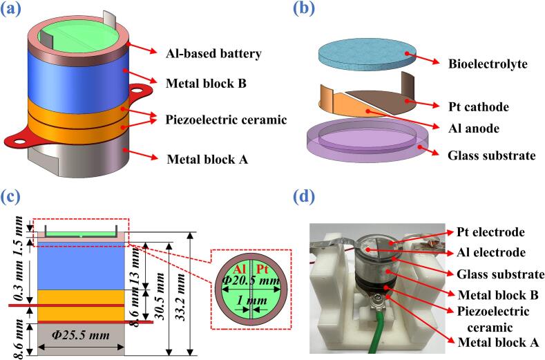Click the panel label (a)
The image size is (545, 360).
point(11,9)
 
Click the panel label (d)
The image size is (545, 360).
point(304,196)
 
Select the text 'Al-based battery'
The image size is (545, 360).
point(213,54)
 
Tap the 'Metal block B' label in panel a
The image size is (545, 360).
point(206,84)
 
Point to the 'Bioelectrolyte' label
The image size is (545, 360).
point(488,64)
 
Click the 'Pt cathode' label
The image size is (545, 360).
point(479,107)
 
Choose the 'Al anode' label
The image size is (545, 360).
point(474,129)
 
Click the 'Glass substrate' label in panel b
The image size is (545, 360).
point(492,155)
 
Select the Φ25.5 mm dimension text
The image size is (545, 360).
point(81,335)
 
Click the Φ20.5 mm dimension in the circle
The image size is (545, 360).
point(251,280)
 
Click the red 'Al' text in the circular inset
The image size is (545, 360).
point(240,269)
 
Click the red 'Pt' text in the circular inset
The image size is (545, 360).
point(262,269)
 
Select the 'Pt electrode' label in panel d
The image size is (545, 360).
point(490,232)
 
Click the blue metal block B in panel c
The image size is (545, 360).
point(81,266)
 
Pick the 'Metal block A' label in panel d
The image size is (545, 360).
point(498,342)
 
